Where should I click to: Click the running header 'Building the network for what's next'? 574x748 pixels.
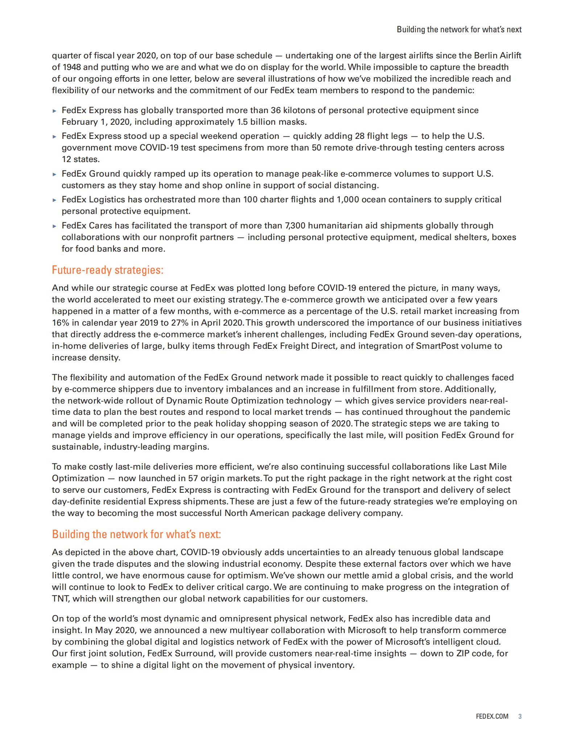(459, 29)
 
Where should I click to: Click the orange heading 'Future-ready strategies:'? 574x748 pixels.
(107, 270)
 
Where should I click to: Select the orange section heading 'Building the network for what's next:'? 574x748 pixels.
(136, 534)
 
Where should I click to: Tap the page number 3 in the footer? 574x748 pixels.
(520, 716)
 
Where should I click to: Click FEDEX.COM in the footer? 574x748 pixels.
(492, 716)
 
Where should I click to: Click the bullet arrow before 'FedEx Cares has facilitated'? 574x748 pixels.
(54, 226)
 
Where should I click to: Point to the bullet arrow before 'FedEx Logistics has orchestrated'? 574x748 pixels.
(54, 200)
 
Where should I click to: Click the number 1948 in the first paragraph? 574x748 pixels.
(71, 67)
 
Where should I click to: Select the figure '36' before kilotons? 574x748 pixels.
(276, 110)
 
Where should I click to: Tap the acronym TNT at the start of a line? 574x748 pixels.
(60, 599)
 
